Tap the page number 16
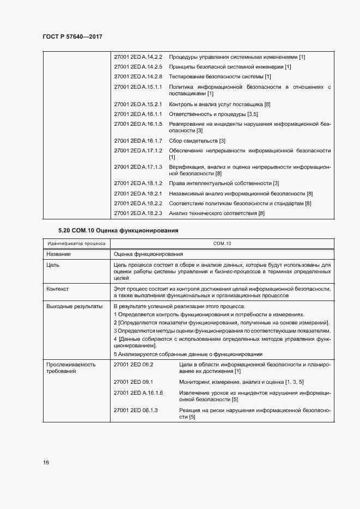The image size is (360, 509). coord(46,463)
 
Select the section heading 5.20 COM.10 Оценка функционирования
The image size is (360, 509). coord(119,231)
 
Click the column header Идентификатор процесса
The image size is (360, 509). coord(77,243)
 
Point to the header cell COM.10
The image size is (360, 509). coord(222,243)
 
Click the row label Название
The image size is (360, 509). coord(58,254)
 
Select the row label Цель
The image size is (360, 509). coord(53,265)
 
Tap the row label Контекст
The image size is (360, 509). coord(57,289)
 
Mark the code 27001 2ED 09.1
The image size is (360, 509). coord(133,382)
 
